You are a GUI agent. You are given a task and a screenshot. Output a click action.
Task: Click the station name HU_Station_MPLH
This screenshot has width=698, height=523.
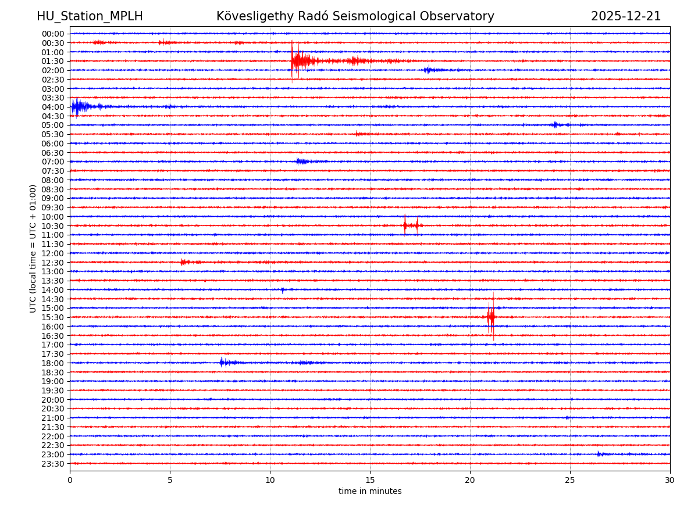pyautogui.click(x=90, y=16)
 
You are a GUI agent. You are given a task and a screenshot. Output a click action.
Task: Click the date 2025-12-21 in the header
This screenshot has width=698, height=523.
pyautogui.click(x=626, y=16)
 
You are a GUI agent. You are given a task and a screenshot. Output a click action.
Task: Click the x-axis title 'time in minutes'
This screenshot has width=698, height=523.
pyautogui.click(x=370, y=492)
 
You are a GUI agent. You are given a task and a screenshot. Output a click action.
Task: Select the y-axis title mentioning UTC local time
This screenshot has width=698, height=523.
pyautogui.click(x=33, y=248)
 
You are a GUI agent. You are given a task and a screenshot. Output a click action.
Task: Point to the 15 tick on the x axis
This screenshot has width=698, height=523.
pyautogui.click(x=370, y=480)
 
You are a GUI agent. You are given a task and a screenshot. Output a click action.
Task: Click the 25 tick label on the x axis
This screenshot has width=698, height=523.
pyautogui.click(x=570, y=480)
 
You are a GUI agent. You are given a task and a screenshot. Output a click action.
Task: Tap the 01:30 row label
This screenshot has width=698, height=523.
pyautogui.click(x=53, y=61)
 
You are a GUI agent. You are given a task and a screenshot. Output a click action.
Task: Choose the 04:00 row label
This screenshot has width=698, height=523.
pyautogui.click(x=53, y=107)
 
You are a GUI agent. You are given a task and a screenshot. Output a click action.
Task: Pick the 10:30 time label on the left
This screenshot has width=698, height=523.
pyautogui.click(x=53, y=226)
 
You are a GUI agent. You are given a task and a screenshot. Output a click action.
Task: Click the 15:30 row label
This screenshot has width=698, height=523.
pyautogui.click(x=53, y=317)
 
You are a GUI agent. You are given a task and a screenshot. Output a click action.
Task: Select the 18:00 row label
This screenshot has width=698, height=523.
pyautogui.click(x=53, y=363)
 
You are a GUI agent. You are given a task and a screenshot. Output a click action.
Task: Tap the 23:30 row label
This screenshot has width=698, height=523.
pyautogui.click(x=53, y=464)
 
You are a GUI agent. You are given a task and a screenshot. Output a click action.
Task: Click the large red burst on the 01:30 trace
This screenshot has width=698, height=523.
pyautogui.click(x=299, y=60)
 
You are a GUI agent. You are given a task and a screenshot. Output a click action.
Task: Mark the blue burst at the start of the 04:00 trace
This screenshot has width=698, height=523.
pyautogui.click(x=78, y=106)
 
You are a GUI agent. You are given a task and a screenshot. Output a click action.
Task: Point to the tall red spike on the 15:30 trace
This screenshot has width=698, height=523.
pyautogui.click(x=492, y=317)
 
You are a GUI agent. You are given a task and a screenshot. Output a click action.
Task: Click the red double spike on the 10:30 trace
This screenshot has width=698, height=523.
pyautogui.click(x=411, y=225)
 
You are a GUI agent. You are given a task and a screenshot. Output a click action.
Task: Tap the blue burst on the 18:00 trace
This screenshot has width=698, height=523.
pyautogui.click(x=224, y=363)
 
